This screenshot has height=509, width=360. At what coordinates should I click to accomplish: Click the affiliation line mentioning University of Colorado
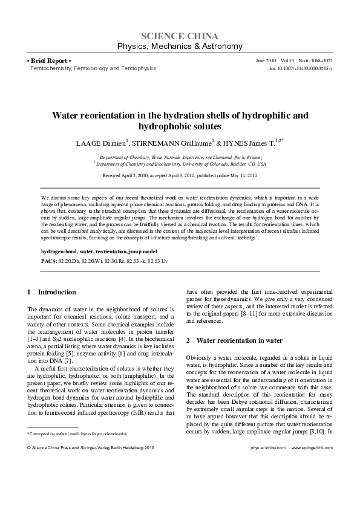coord(180,163)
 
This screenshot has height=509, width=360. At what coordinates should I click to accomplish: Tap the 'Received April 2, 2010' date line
coord(180,175)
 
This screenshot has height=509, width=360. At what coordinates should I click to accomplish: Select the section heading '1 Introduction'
coord(53,292)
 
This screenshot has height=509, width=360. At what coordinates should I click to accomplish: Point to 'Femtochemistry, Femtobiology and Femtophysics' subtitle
coord(93,69)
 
